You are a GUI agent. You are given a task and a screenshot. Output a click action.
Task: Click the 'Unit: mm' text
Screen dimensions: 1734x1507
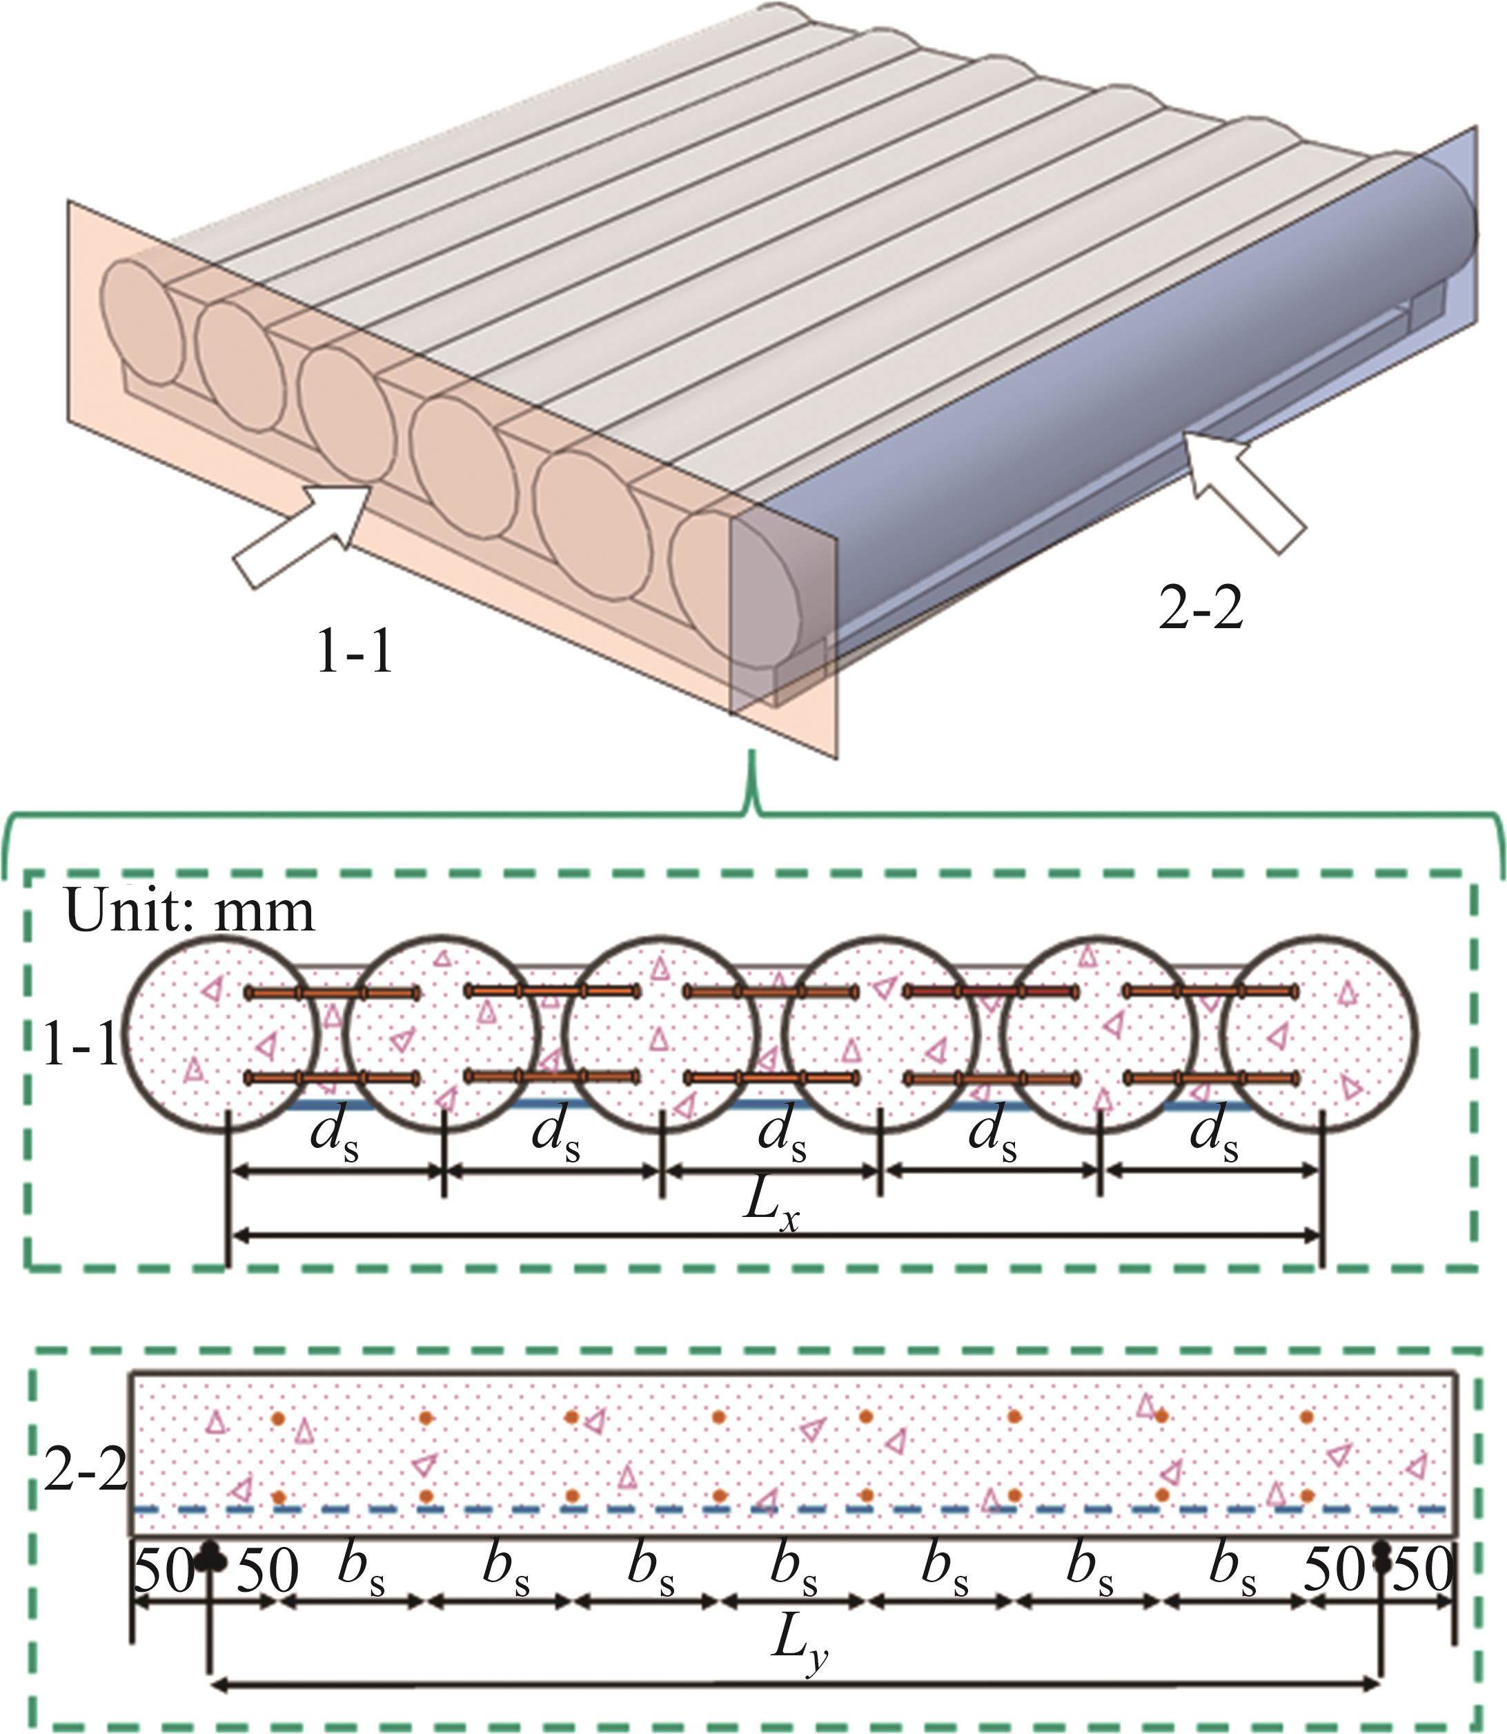(189, 911)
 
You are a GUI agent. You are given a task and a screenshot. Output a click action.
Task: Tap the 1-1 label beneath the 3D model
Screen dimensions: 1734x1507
(354, 652)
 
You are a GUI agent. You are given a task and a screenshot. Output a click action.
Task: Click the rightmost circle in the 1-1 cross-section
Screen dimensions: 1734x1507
(1319, 1033)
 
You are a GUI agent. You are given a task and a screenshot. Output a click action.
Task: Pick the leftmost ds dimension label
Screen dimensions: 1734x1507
(334, 1136)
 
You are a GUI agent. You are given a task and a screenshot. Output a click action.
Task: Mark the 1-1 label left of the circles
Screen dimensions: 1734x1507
(80, 1044)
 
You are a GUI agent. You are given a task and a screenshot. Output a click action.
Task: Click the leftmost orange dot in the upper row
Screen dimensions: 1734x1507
(278, 1419)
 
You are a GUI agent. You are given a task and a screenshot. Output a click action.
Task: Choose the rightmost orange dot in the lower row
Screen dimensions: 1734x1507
(1307, 1496)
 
